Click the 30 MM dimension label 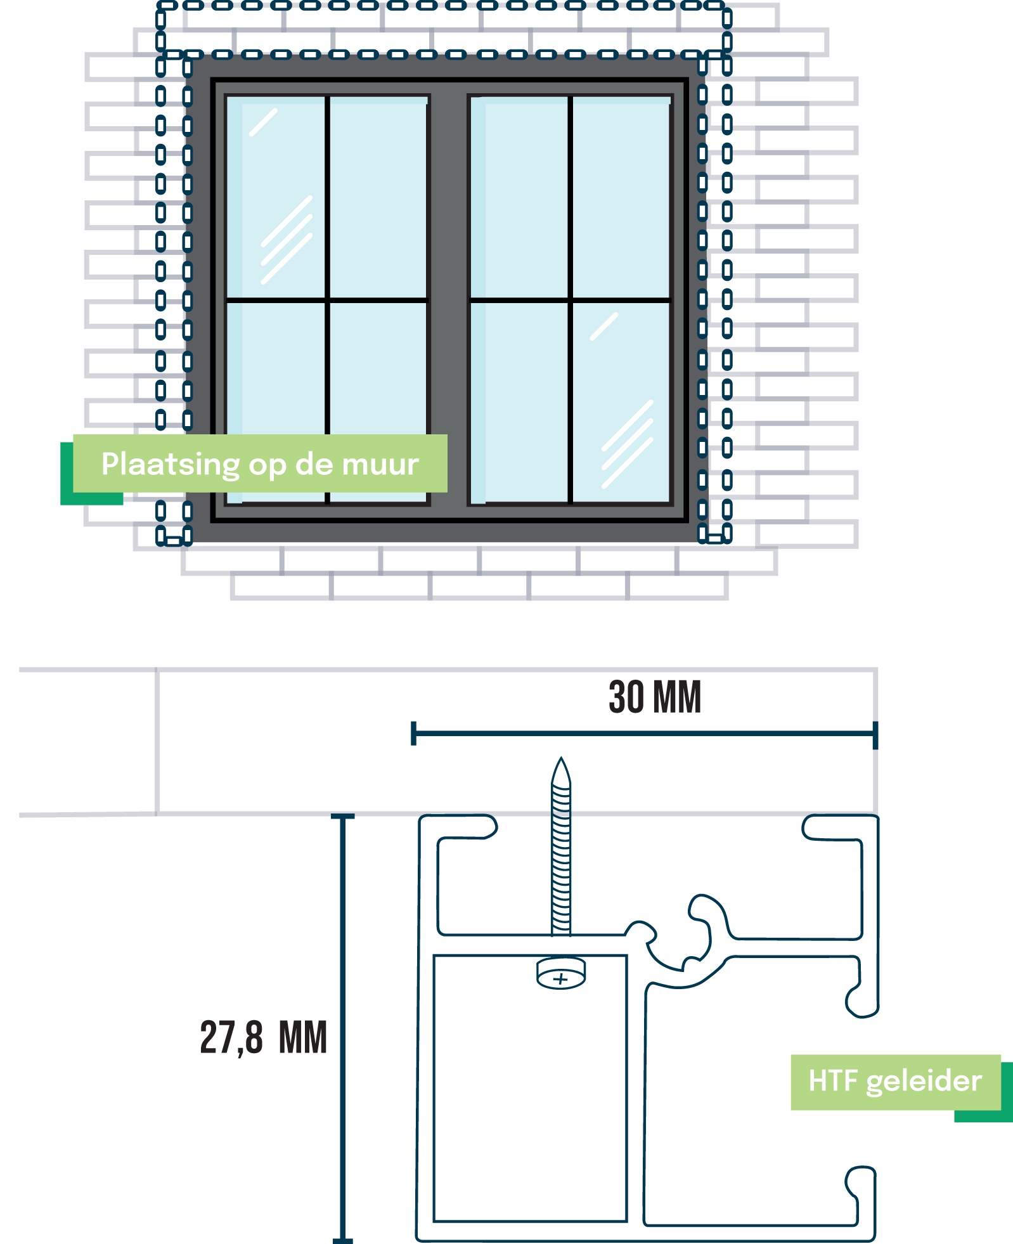[x=654, y=697]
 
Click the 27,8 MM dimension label [x=263, y=1038]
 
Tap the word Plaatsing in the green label [x=170, y=465]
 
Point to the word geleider [x=924, y=1082]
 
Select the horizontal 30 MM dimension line [x=643, y=734]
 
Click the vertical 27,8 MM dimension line [x=343, y=1027]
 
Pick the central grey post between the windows [x=449, y=298]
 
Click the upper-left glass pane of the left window [x=278, y=197]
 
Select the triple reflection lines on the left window [x=287, y=240]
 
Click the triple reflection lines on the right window [x=627, y=444]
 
